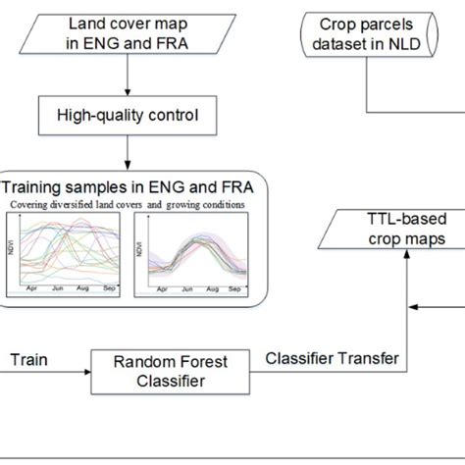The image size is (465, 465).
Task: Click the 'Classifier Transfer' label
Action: [332, 359]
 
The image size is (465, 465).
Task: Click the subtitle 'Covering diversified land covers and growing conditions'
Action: [127, 204]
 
